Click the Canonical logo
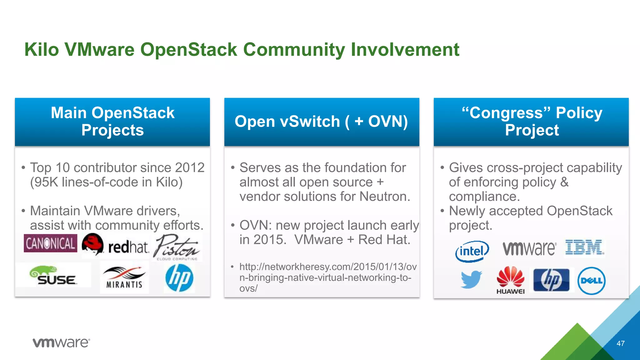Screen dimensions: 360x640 50,243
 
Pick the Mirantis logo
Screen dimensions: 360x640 124,277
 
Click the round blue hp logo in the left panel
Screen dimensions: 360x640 179,278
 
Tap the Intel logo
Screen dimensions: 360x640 472,251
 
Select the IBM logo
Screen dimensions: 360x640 584,248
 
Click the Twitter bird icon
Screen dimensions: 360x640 471,279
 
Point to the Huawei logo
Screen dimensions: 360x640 510,280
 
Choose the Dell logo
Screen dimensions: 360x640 591,281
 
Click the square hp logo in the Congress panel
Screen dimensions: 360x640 551,280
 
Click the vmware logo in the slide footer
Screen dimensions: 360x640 61,343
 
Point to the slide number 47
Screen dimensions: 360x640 620,343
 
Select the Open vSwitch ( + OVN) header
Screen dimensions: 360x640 322,122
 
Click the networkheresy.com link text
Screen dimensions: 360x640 328,277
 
